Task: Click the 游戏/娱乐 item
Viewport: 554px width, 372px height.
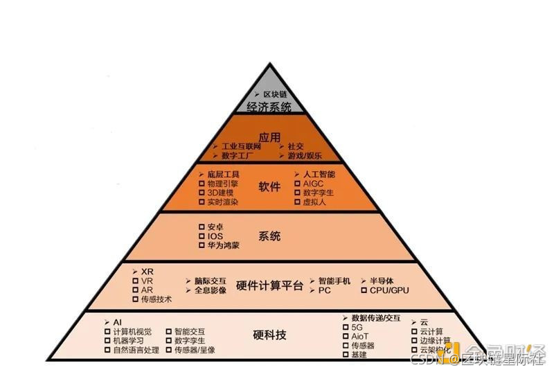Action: tap(305, 157)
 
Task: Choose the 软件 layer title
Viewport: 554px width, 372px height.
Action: tap(269, 186)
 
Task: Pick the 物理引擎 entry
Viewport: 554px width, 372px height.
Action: tap(223, 184)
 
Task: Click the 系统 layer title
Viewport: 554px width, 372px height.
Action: tap(269, 236)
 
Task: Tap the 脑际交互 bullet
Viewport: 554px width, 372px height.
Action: tap(211, 281)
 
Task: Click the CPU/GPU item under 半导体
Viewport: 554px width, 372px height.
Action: tap(389, 290)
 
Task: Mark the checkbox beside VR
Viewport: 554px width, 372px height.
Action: tap(135, 281)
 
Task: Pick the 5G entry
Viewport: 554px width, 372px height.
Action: tap(357, 326)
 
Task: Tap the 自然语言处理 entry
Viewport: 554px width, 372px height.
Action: tap(136, 351)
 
